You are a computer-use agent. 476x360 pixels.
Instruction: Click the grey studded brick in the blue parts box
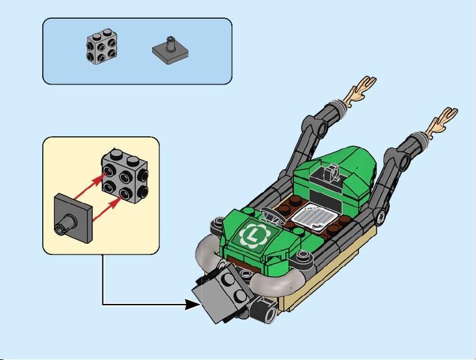click(102, 47)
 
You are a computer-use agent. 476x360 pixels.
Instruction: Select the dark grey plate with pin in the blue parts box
click(170, 50)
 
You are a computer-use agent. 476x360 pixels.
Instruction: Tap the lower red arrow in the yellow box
click(108, 208)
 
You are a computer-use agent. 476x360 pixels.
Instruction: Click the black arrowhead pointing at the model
click(193, 305)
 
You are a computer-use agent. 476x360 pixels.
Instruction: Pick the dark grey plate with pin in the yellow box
click(73, 218)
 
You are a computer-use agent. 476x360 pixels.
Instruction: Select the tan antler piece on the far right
click(442, 122)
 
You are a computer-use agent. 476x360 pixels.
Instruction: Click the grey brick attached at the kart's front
click(223, 293)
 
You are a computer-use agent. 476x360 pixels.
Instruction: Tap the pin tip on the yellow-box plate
click(58, 228)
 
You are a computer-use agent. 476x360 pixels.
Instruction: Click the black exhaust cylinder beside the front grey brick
click(263, 309)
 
